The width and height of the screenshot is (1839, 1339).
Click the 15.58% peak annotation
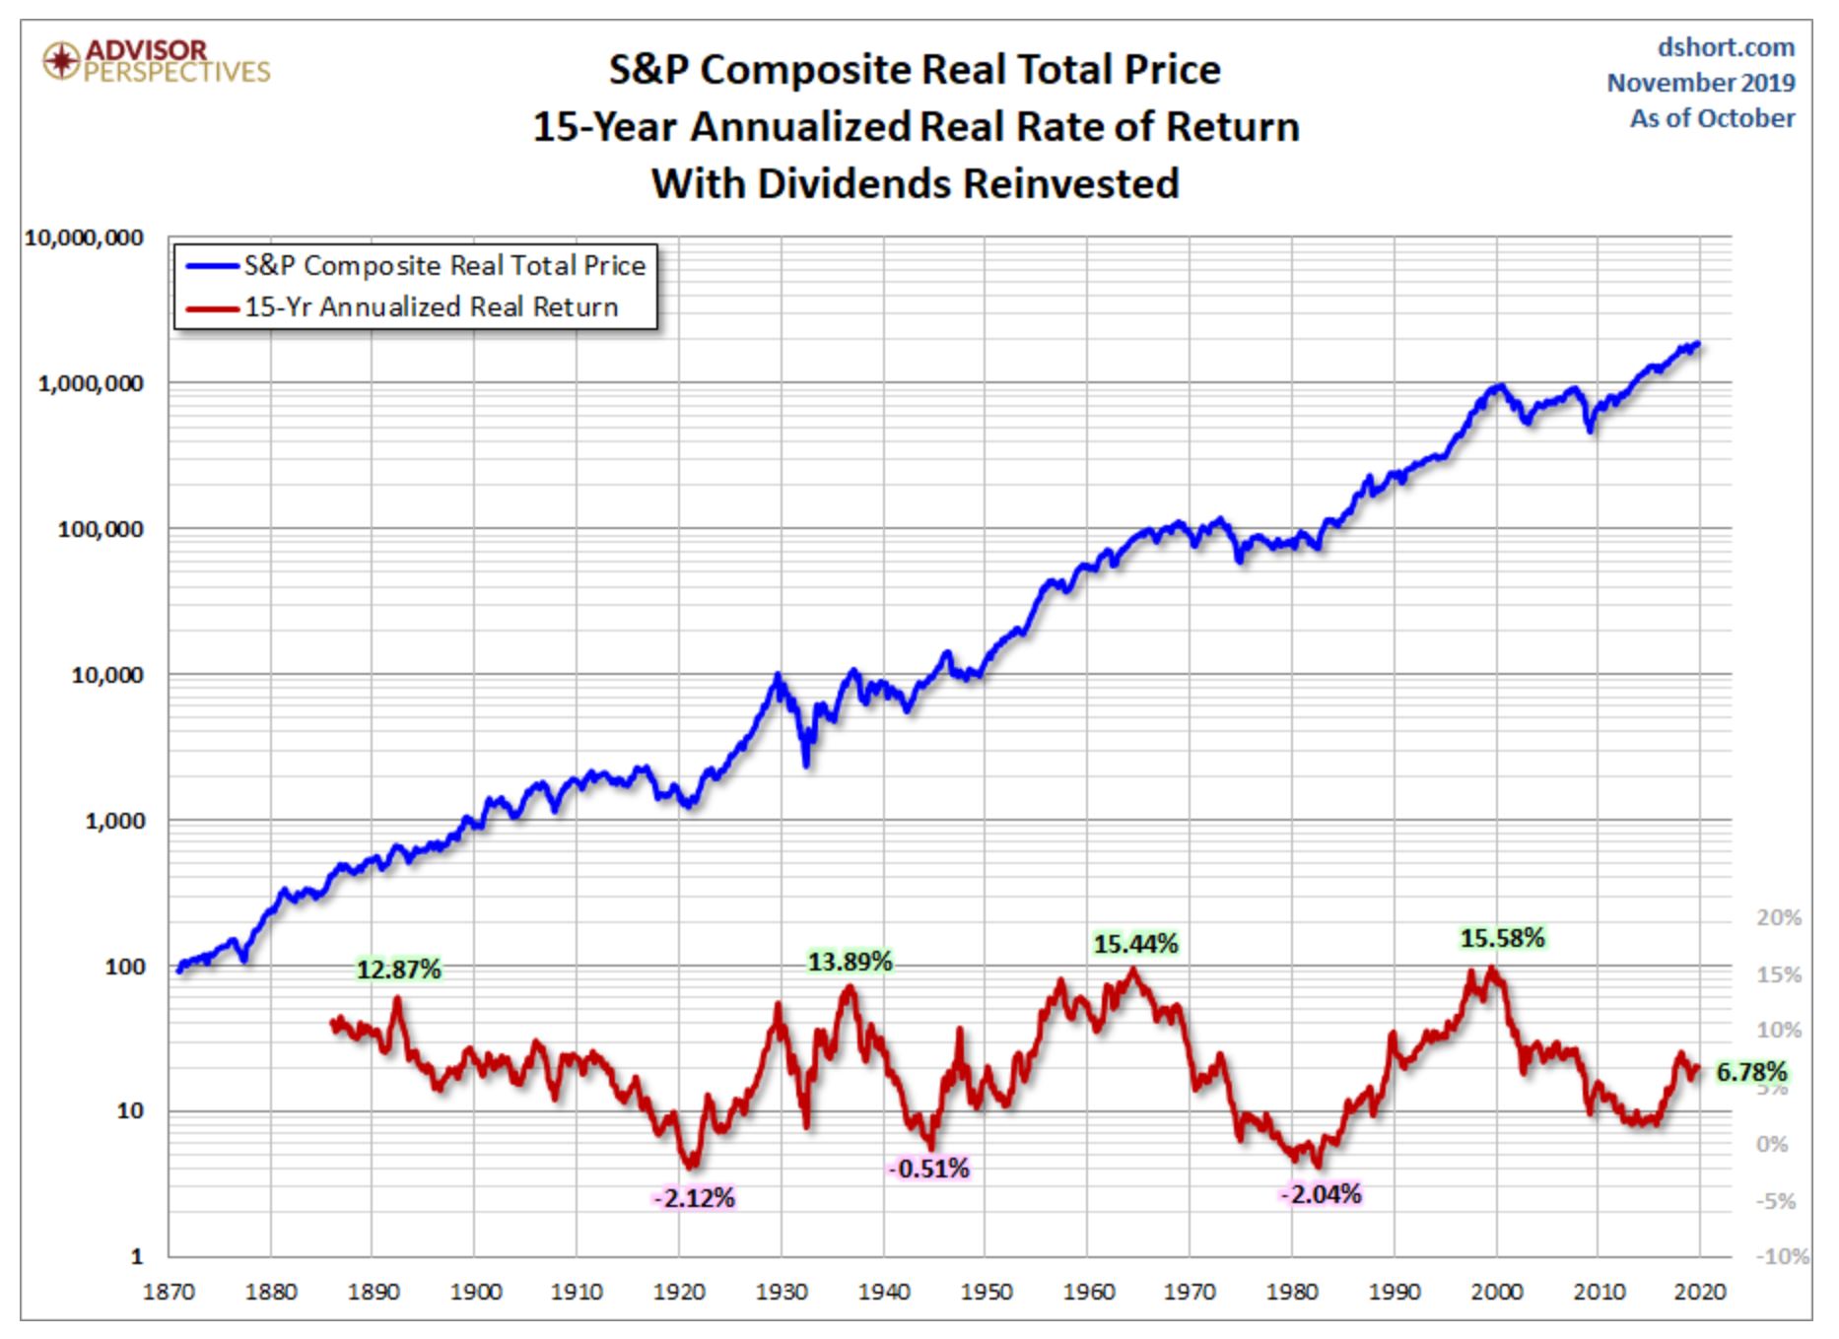[x=1502, y=938]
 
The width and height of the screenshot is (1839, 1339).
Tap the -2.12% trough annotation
[x=694, y=1198]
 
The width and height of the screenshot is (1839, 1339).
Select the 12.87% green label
[x=398, y=970]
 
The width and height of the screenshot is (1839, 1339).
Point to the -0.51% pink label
[x=928, y=1169]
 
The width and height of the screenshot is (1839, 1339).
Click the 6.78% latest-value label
[x=1750, y=1071]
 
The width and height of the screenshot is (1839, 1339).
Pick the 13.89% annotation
[x=850, y=961]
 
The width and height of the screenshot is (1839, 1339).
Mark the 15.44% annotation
[x=1135, y=944]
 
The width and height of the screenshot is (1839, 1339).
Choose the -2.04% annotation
[x=1321, y=1194]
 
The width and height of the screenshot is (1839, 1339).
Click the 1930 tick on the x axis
[x=782, y=1291]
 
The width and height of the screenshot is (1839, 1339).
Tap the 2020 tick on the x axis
[x=1700, y=1291]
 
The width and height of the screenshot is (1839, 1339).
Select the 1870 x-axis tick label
[x=170, y=1291]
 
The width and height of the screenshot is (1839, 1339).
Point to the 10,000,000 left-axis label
[x=84, y=237]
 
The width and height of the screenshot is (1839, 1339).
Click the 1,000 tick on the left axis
[x=113, y=821]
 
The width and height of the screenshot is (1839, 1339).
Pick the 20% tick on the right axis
[x=1778, y=917]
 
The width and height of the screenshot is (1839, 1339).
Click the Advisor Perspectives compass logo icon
[x=61, y=61]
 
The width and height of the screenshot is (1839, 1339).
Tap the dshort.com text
[x=1726, y=47]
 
